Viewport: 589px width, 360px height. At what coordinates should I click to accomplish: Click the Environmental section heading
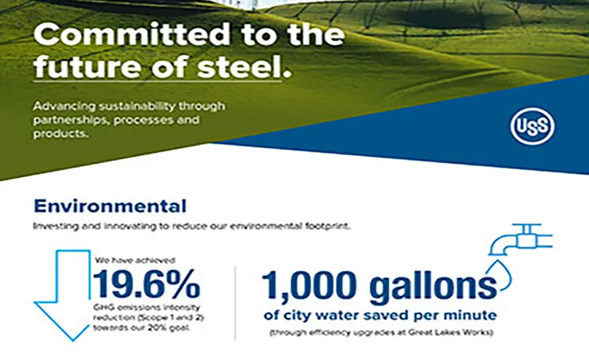click(x=110, y=206)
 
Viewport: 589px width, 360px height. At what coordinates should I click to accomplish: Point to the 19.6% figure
click(x=147, y=283)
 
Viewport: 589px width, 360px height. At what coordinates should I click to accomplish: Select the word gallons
click(x=429, y=286)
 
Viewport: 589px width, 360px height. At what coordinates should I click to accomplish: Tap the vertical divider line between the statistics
click(x=236, y=302)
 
